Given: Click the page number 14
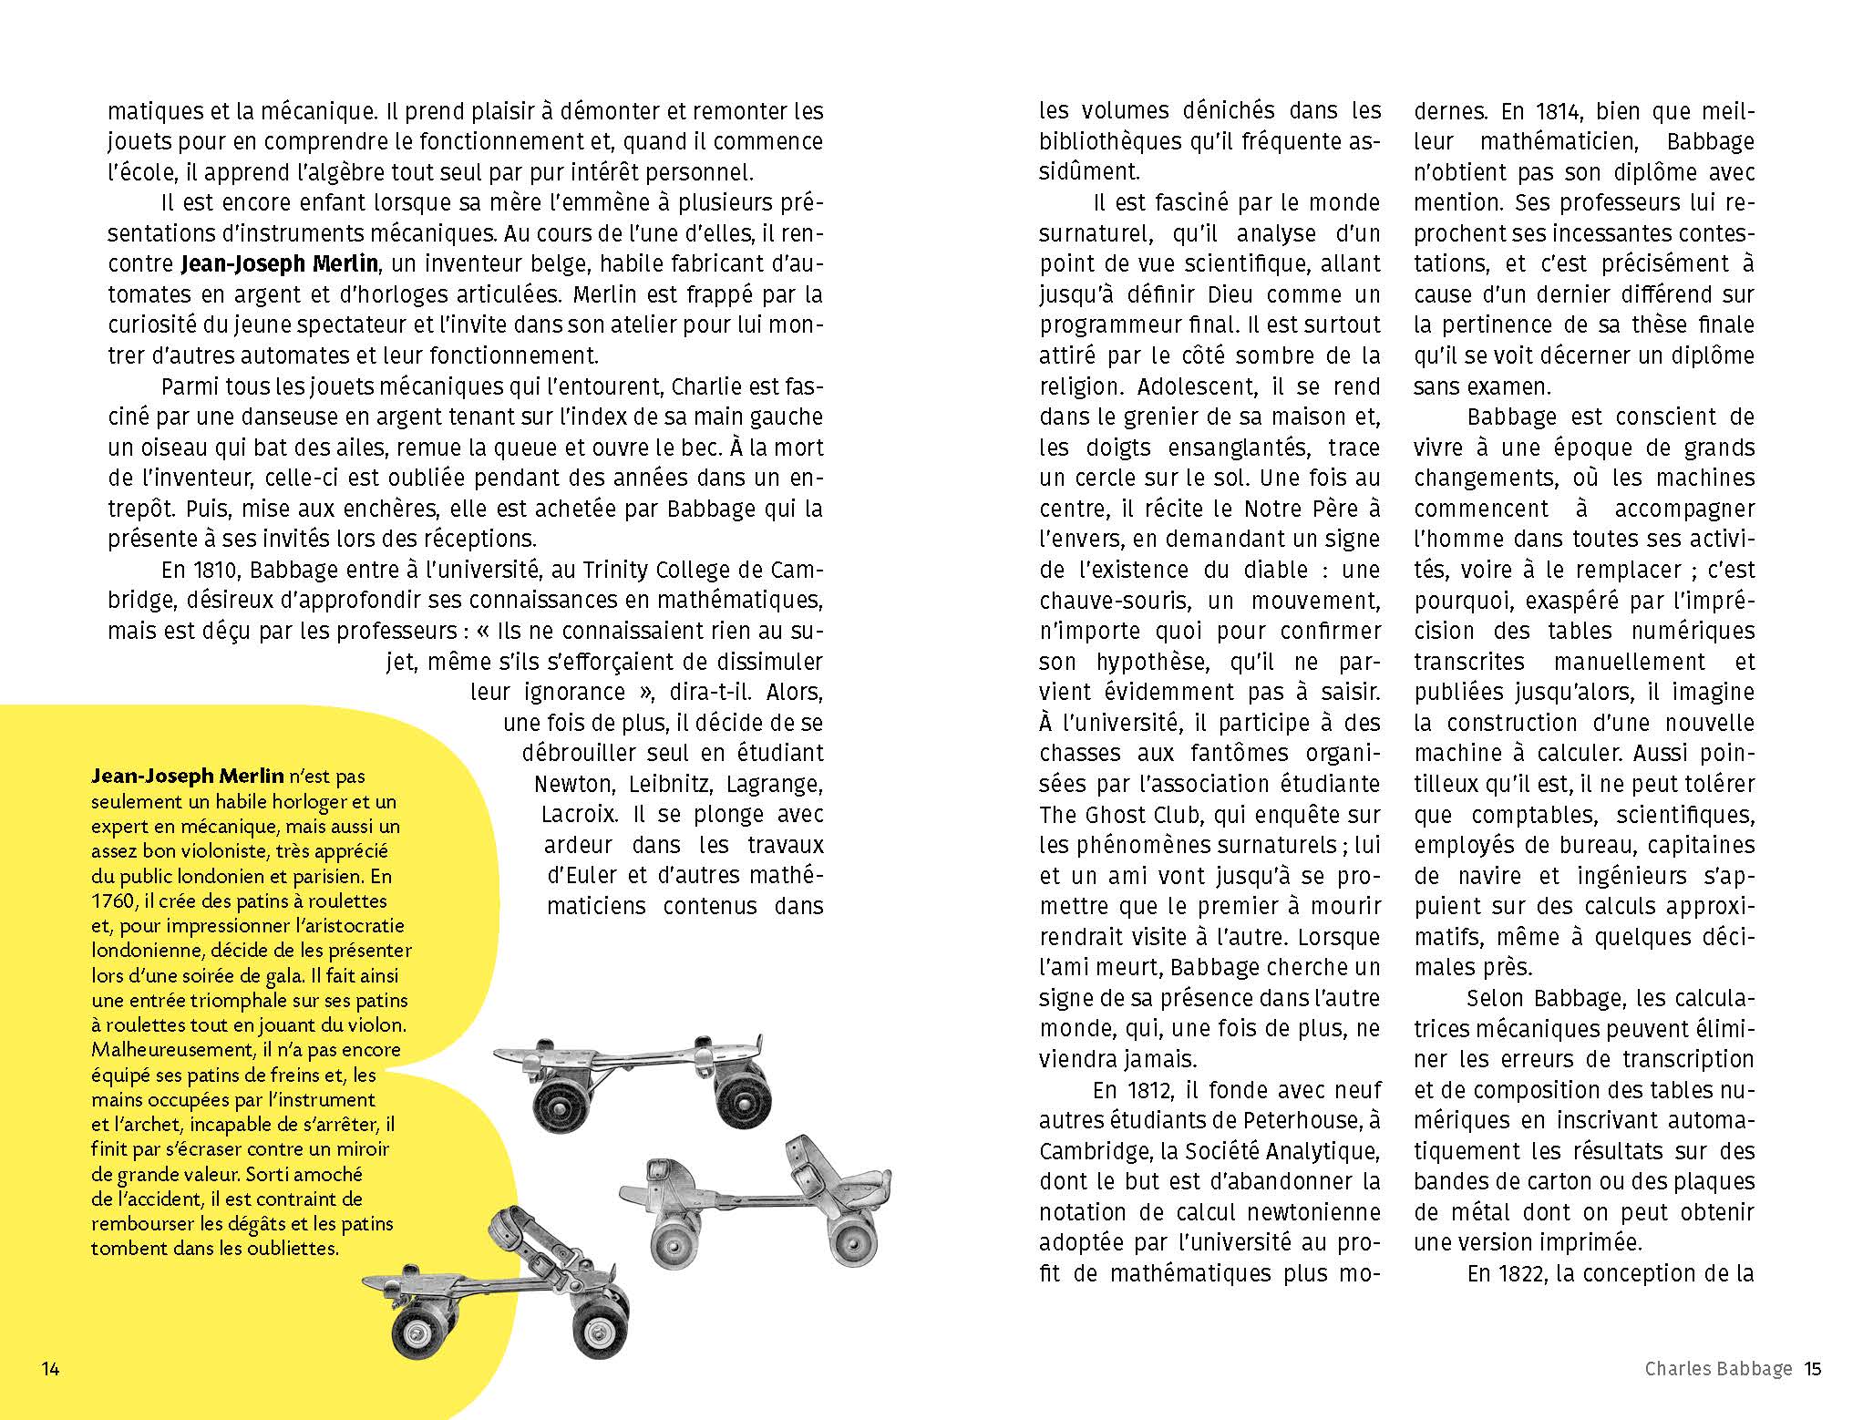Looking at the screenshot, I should [51, 1368].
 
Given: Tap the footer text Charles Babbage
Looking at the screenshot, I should [1718, 1368].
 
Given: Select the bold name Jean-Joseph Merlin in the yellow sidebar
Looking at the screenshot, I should [188, 777].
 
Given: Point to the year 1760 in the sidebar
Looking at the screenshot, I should [111, 901].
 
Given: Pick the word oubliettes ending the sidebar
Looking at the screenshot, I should [292, 1248].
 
